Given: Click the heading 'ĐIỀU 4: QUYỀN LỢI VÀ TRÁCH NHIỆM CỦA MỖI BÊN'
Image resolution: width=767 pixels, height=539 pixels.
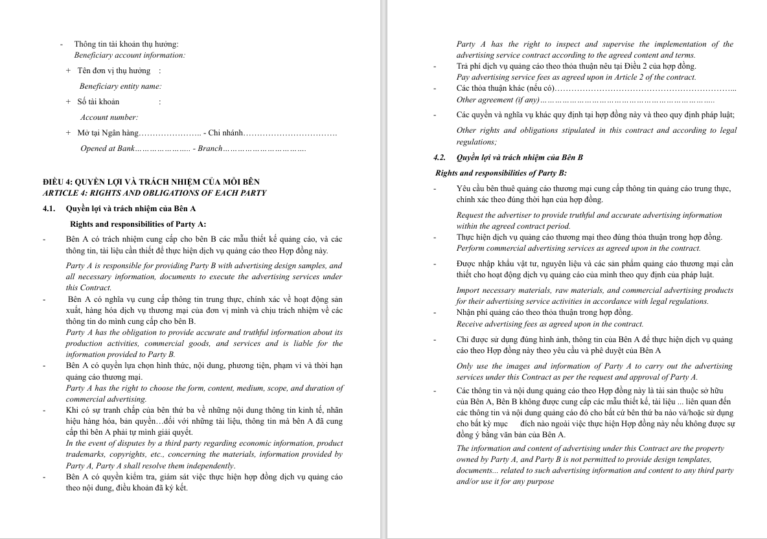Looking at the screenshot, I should pos(151,182).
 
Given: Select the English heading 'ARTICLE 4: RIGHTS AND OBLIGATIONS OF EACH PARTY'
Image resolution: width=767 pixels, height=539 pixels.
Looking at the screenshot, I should pos(154,193).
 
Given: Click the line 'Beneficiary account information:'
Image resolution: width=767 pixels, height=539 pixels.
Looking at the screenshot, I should pos(130,55).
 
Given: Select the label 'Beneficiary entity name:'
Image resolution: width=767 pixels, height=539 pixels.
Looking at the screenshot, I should pos(120,86).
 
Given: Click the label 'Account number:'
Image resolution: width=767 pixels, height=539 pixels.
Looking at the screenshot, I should pos(109,117).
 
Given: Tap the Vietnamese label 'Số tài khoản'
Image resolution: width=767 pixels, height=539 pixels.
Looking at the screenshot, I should pos(98,102).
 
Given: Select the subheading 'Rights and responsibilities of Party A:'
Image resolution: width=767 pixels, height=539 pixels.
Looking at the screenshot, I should pos(138,224).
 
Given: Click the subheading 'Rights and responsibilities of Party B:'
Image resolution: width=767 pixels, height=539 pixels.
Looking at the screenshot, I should pos(501,173).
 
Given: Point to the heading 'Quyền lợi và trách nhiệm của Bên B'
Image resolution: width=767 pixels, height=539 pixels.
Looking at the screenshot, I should pos(520,157).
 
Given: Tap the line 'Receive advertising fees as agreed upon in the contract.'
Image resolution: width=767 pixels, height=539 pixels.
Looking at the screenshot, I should pos(550,324).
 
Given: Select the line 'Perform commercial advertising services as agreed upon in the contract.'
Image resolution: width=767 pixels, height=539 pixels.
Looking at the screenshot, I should pos(578,248).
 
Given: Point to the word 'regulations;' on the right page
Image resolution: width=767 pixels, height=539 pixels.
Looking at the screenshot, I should pos(477,142).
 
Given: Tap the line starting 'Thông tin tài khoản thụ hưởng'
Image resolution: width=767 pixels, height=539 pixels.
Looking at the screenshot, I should pos(126,44).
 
